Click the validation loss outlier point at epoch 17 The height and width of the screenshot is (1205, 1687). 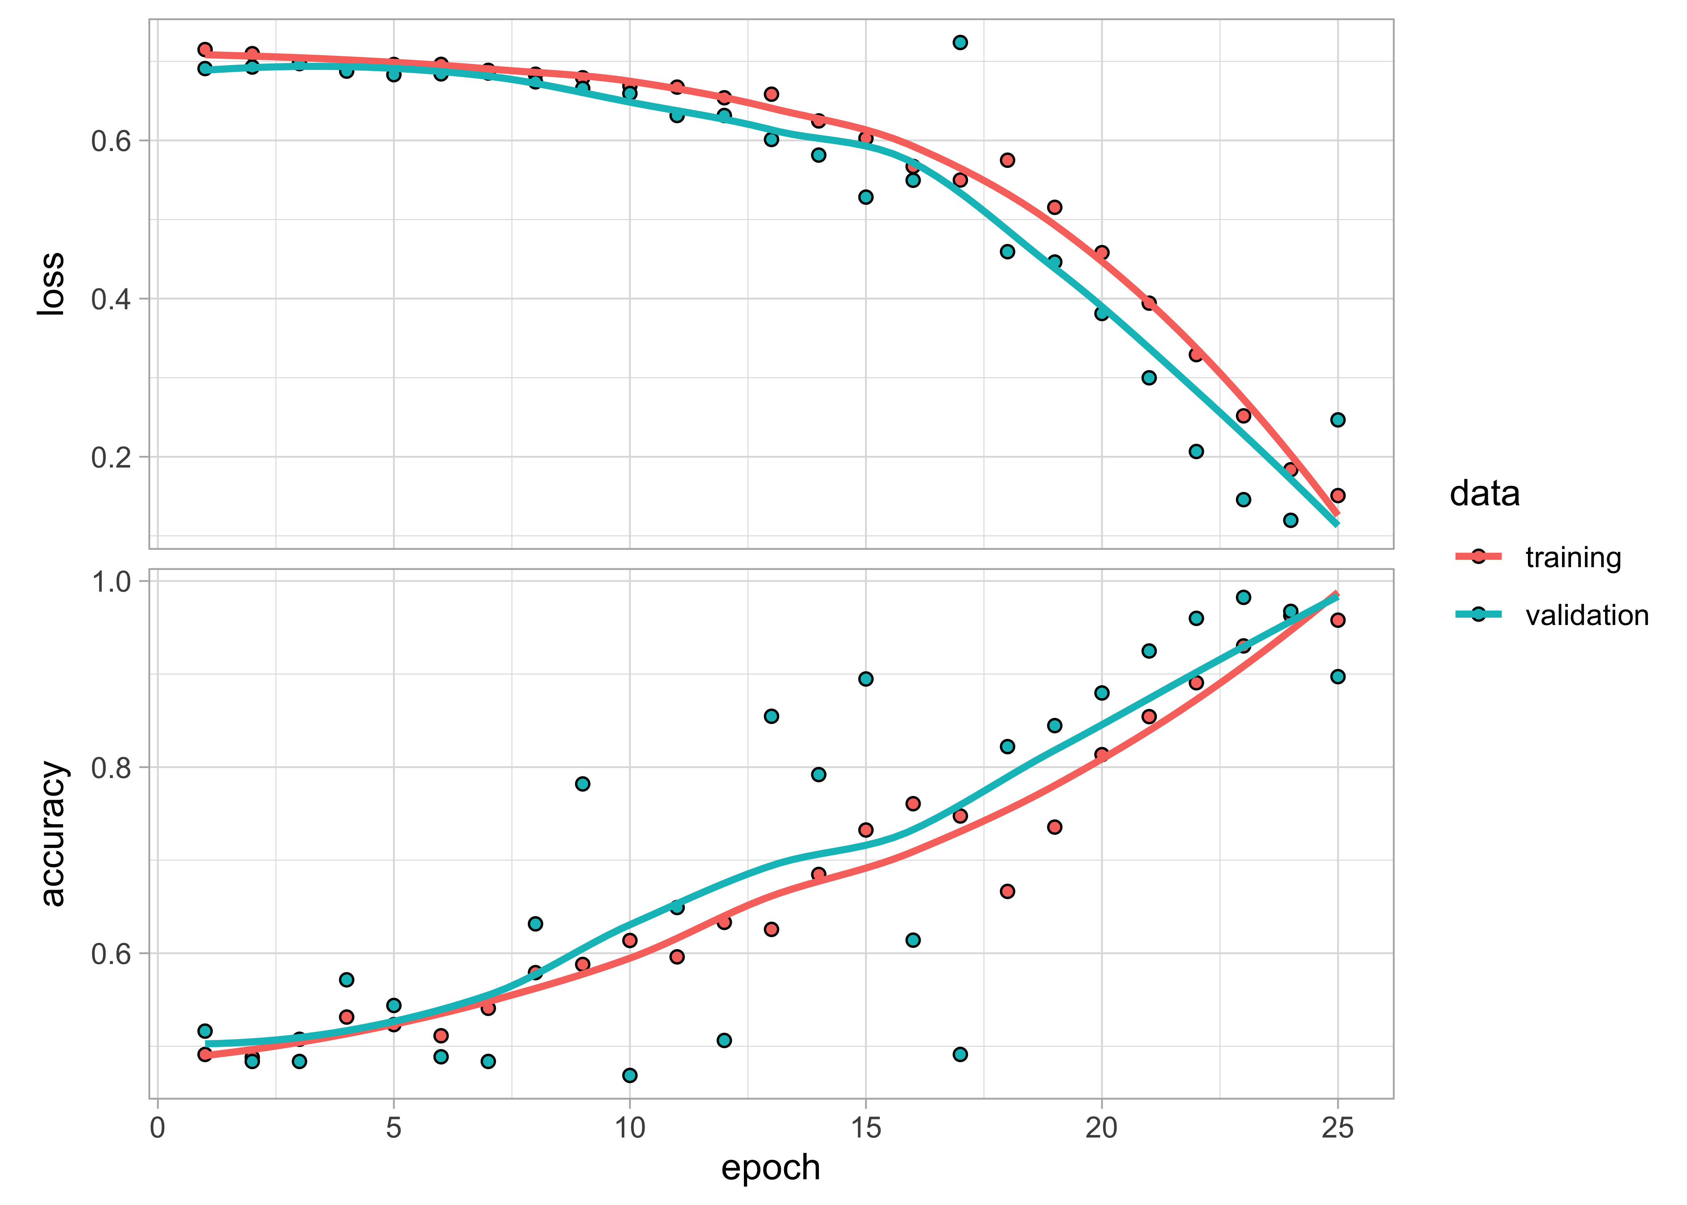click(x=960, y=42)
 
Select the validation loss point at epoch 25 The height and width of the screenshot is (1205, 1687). click(x=1338, y=420)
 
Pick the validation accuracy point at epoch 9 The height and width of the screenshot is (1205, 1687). click(x=582, y=784)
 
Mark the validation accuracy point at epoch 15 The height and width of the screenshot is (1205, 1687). click(x=866, y=679)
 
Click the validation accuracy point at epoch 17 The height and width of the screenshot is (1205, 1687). click(x=960, y=1054)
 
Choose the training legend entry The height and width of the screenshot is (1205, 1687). click(x=1573, y=557)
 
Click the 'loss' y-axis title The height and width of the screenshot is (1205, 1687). click(x=52, y=284)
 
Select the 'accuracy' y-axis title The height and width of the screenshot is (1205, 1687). click(x=52, y=833)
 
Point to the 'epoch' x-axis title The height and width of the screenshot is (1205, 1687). click(x=771, y=1167)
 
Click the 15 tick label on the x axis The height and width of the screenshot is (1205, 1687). click(x=866, y=1129)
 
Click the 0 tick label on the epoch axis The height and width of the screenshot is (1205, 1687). click(x=157, y=1129)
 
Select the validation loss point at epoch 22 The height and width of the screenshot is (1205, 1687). click(x=1196, y=451)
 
